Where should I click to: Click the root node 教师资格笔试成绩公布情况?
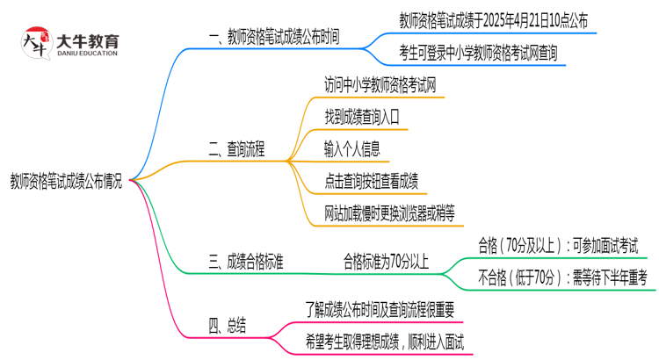coord(66,183)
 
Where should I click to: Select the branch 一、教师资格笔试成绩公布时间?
coord(274,37)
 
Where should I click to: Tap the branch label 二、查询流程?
coord(237,148)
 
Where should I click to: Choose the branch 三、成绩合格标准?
coord(246,261)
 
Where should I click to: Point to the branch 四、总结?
coord(228,326)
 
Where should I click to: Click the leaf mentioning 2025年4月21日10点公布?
coord(493,20)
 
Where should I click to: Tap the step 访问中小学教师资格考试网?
coord(380,84)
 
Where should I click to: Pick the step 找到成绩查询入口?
coord(362,116)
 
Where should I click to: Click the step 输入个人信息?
coord(352,148)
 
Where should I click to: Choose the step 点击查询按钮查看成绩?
coord(371,181)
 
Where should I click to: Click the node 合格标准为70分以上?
coord(386,261)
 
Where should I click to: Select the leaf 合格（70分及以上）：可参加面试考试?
coord(558,244)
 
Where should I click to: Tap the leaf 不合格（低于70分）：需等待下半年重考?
coord(561,277)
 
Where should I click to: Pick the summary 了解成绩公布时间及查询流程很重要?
coord(380,309)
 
